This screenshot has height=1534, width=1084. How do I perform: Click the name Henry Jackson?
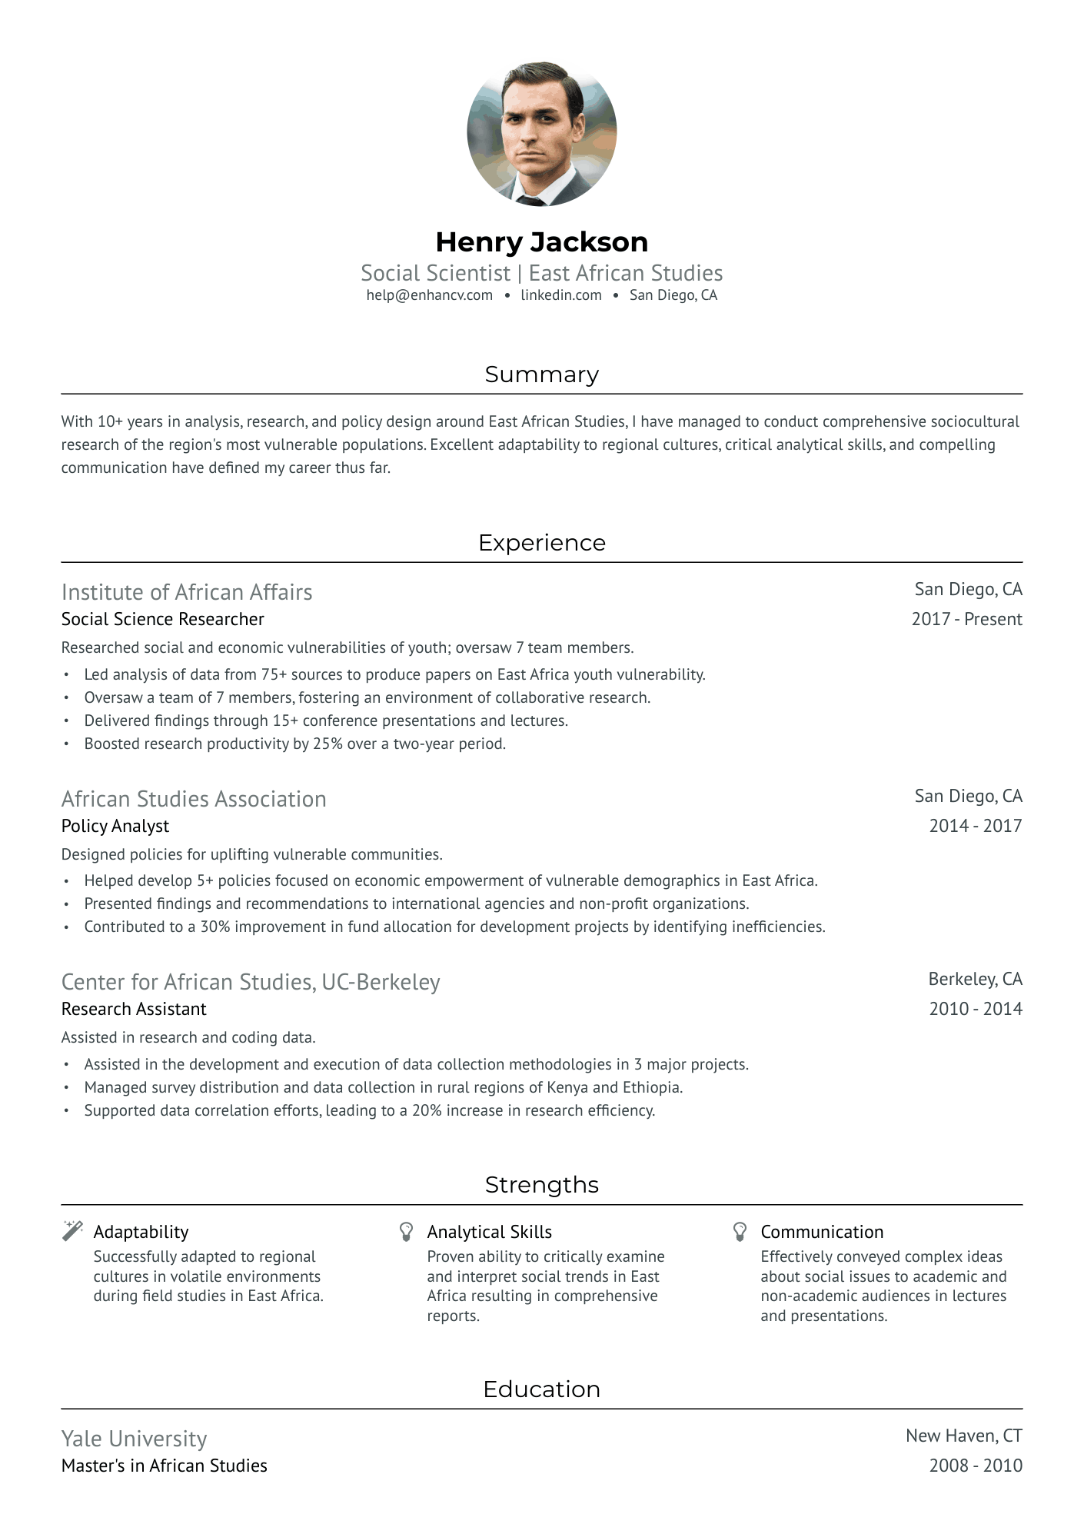pyautogui.click(x=541, y=242)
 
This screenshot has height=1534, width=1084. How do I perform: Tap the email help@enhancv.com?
pyautogui.click(x=429, y=295)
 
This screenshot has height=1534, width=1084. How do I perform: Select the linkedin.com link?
pyautogui.click(x=560, y=295)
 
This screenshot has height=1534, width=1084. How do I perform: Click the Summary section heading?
pyautogui.click(x=541, y=374)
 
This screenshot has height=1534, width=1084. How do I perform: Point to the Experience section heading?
pyautogui.click(x=541, y=543)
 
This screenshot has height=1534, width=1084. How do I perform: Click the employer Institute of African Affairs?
pyautogui.click(x=187, y=592)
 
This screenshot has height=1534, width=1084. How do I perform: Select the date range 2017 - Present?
pyautogui.click(x=966, y=619)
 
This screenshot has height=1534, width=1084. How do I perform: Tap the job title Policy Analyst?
pyautogui.click(x=115, y=826)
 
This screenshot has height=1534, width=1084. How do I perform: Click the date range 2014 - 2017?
pyautogui.click(x=975, y=826)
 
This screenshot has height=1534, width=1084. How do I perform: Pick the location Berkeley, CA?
pyautogui.click(x=975, y=979)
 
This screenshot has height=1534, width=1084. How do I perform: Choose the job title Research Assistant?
pyautogui.click(x=134, y=1009)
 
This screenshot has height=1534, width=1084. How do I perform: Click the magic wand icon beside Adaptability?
pyautogui.click(x=72, y=1231)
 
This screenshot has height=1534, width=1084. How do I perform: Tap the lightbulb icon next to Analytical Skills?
pyautogui.click(x=407, y=1232)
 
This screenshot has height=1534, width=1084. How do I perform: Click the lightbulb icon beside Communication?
pyautogui.click(x=740, y=1232)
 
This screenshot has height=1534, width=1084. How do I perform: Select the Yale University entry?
pyautogui.click(x=135, y=1439)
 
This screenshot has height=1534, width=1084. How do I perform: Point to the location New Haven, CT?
pyautogui.click(x=963, y=1436)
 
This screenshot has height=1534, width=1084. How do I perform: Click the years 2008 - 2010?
pyautogui.click(x=975, y=1466)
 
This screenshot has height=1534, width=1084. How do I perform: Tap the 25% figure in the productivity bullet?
pyautogui.click(x=328, y=744)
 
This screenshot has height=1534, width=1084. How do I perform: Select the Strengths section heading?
pyautogui.click(x=541, y=1185)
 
